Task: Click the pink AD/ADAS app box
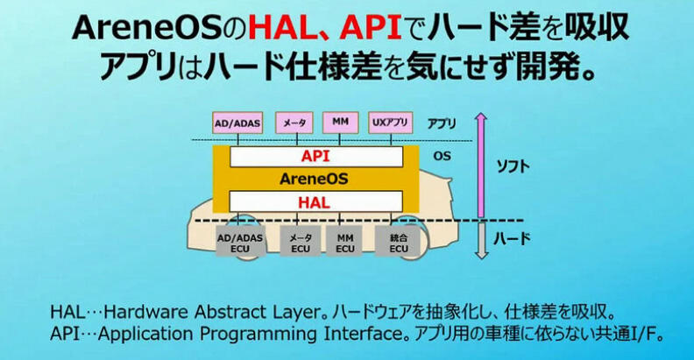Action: coord(237,123)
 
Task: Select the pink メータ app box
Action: coord(294,123)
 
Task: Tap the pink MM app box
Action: coord(340,123)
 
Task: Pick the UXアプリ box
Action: coord(390,123)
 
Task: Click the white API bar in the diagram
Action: coord(316,157)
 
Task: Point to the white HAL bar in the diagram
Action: coord(315,202)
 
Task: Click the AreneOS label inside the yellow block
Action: coord(314,179)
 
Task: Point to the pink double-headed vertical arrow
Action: coord(481,166)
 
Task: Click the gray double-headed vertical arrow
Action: coord(481,241)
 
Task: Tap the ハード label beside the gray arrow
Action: coord(512,239)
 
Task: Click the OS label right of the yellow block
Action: coord(443,156)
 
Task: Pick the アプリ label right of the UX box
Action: coord(442,124)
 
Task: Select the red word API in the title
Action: coord(371,29)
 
